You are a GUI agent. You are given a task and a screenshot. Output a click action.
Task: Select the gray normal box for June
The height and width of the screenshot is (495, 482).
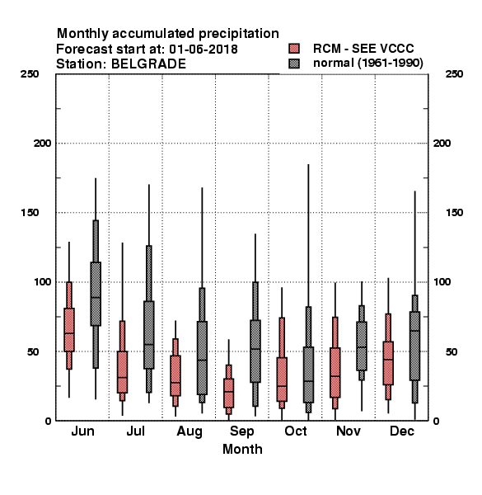click(x=96, y=294)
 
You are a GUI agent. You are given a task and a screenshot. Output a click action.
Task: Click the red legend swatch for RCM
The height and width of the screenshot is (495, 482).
click(x=294, y=49)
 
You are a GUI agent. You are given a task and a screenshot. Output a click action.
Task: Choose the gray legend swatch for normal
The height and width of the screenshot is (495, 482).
click(x=294, y=64)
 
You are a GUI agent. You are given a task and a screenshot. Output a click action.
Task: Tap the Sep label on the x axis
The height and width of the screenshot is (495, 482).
click(x=241, y=431)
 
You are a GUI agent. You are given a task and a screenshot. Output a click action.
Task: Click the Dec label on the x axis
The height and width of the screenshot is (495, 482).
click(x=402, y=431)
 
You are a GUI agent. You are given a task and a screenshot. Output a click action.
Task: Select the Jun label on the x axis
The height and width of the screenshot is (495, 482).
click(x=82, y=431)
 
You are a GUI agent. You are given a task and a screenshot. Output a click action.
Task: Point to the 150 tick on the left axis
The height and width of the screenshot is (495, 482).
click(x=30, y=213)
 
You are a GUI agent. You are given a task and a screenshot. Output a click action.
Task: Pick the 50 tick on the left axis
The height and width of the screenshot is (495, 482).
click(x=32, y=351)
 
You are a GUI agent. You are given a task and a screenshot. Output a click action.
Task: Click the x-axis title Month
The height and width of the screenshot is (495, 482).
click(x=242, y=450)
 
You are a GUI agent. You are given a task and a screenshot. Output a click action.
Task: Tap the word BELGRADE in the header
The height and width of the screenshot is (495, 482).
click(x=148, y=64)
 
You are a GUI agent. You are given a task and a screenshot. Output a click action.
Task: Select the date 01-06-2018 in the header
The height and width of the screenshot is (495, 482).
click(x=204, y=49)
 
